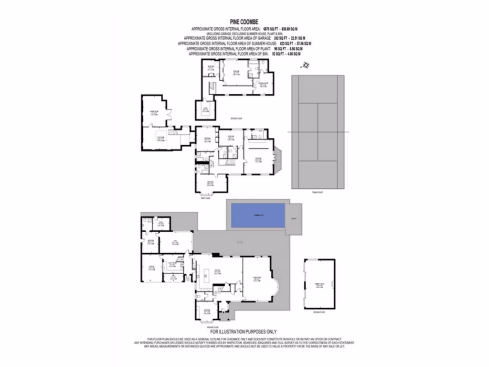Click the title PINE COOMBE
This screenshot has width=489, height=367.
244,22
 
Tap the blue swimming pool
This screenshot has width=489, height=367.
258,216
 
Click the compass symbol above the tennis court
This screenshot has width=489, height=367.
307,66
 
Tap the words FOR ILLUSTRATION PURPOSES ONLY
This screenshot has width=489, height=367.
243,331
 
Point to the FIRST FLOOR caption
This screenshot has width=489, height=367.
205,198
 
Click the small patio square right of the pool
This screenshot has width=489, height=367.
294,219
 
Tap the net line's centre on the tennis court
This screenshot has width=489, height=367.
318,132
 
